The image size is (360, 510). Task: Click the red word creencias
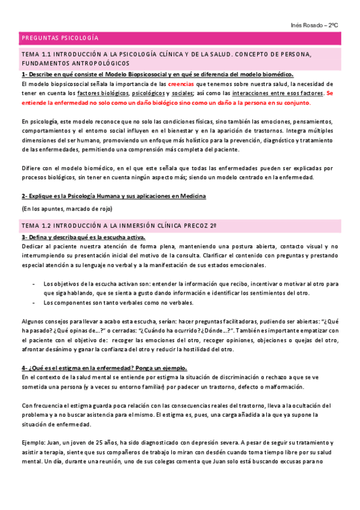[x=181, y=84]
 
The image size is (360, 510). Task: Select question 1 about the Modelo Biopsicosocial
[x=157, y=75]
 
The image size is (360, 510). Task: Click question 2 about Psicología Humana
[x=114, y=196]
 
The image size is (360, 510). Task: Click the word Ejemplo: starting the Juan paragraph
[x=33, y=442]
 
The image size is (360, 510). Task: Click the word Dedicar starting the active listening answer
[x=32, y=247]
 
